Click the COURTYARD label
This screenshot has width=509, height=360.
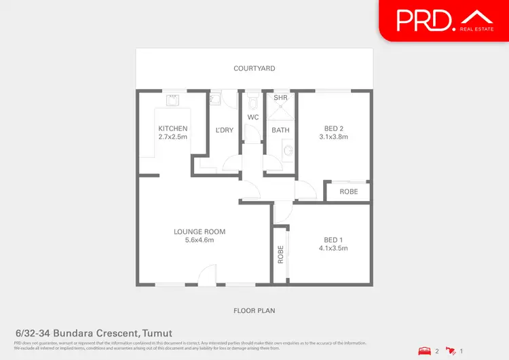(x=254, y=69)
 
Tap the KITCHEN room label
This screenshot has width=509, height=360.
(x=173, y=128)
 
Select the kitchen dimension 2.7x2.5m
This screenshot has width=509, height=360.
(x=173, y=137)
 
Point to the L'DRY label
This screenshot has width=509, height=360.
(x=225, y=130)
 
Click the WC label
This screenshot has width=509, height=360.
(x=253, y=118)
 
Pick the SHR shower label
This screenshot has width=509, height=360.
(x=281, y=98)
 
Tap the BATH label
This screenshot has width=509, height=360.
(x=281, y=130)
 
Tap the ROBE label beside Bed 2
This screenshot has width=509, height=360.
(x=349, y=192)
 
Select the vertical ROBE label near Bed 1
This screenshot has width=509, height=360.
(x=280, y=253)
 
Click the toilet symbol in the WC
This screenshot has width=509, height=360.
(x=253, y=103)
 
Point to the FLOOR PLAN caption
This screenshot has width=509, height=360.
(x=254, y=310)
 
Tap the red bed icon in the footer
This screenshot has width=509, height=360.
(x=425, y=351)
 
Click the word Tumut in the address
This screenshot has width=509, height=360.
(x=157, y=333)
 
